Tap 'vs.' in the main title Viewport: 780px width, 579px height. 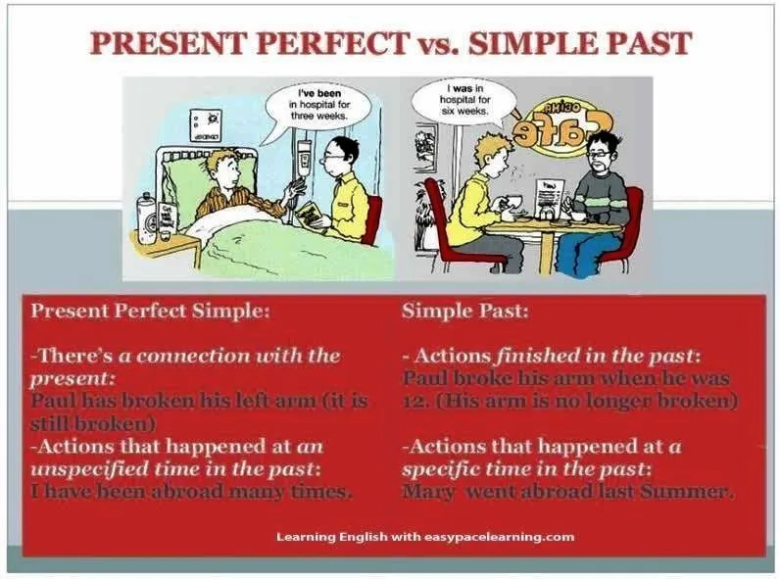pos(433,44)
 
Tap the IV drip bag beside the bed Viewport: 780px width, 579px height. pos(304,157)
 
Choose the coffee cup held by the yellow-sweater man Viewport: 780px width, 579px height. pos(512,201)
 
